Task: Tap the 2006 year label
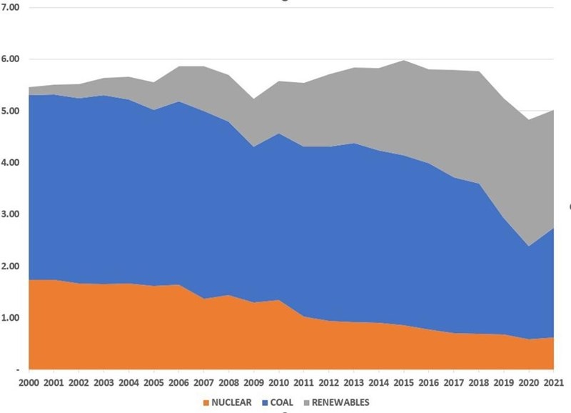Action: tap(178, 383)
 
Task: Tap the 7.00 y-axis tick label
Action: tap(14, 7)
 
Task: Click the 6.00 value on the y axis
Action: tap(14, 59)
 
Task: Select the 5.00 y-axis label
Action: tap(14, 111)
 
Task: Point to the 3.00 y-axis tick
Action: tap(14, 214)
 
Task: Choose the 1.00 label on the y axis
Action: tap(14, 318)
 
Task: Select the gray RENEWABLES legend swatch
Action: tap(308, 402)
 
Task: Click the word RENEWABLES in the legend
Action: tap(342, 402)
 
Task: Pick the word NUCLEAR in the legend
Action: tap(231, 402)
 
